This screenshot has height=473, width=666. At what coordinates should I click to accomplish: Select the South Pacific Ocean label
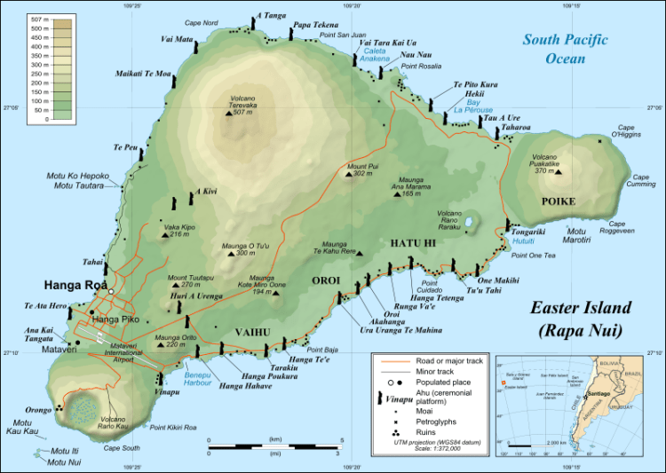565,49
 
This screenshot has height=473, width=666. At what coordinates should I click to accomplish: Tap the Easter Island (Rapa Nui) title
581,319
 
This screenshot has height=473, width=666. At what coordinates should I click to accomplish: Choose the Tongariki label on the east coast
533,232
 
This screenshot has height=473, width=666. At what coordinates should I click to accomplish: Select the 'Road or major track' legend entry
450,361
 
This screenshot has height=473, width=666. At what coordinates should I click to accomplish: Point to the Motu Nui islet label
64,461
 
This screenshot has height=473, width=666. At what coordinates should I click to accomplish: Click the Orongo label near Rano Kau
39,411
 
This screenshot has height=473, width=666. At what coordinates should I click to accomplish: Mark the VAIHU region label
252,332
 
